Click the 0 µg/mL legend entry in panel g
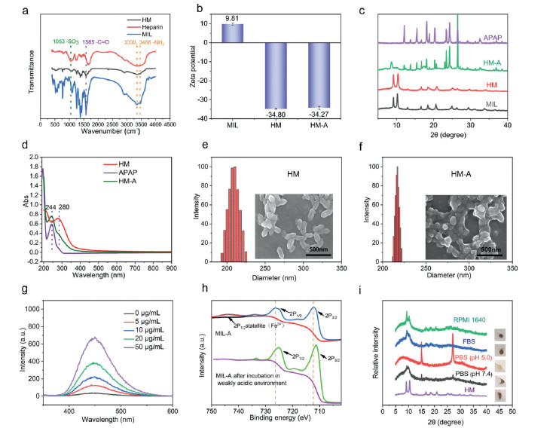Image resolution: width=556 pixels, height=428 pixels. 144,312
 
